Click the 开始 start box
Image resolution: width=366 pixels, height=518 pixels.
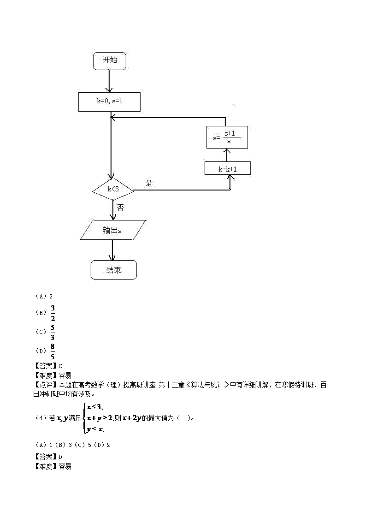[110, 61]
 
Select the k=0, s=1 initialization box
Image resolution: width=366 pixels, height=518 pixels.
[109, 101]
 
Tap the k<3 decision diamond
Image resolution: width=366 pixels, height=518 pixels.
[113, 189]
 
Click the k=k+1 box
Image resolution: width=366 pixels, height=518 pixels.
[227, 169]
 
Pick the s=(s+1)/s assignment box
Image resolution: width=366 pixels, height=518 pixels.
[227, 137]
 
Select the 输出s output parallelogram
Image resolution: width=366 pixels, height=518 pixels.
[113, 230]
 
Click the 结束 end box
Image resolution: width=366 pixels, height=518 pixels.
[113, 270]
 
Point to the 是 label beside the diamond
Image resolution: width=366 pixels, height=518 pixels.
[148, 183]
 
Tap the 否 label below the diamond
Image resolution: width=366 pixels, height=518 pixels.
[120, 208]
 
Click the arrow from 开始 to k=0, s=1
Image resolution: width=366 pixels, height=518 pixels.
[109, 81]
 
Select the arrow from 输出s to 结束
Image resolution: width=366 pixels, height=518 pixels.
[113, 250]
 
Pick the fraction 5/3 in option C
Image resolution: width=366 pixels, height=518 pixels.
[53, 332]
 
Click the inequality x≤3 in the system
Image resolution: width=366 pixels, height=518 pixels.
[95, 406]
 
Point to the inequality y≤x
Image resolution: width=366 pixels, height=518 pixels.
[95, 429]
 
